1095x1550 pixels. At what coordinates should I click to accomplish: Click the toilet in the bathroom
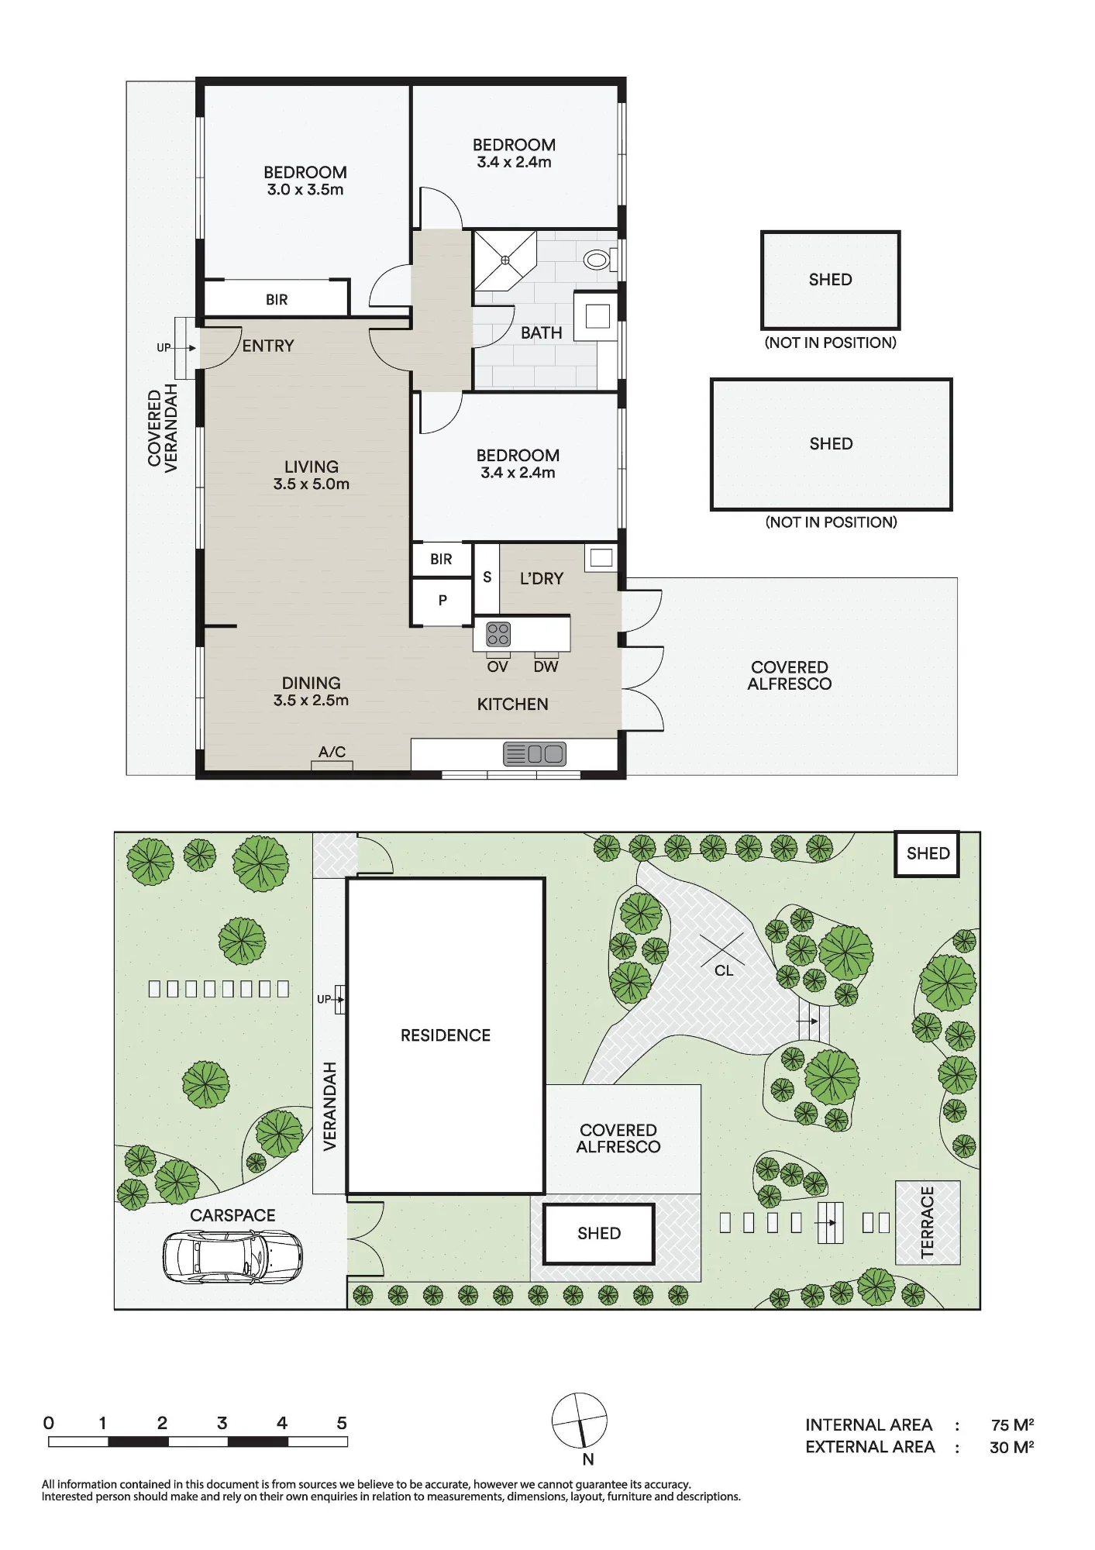point(600,259)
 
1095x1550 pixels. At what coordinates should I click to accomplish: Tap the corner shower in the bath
point(504,260)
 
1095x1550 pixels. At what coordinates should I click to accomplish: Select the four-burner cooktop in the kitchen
point(498,635)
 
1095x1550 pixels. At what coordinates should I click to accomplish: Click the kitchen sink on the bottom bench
point(535,754)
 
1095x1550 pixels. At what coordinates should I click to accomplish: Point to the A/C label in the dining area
point(332,752)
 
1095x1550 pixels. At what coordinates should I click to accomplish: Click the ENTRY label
point(268,346)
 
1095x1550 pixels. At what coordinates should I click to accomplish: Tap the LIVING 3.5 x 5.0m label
point(311,475)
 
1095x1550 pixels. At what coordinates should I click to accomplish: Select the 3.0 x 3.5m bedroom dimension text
point(305,190)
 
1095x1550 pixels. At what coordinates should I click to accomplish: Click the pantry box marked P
point(442,601)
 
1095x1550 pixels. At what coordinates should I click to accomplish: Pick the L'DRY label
point(542,578)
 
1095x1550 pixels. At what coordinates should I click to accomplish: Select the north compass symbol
point(580,1421)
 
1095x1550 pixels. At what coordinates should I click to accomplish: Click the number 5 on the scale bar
point(342,1423)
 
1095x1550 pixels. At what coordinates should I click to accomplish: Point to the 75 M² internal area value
point(1012,1424)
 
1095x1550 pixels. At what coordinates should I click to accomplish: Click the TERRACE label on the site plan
point(928,1222)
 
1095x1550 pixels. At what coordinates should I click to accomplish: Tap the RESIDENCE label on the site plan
point(446,1035)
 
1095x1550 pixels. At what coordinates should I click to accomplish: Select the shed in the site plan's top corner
point(928,853)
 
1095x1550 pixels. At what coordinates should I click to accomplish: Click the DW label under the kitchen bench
point(546,666)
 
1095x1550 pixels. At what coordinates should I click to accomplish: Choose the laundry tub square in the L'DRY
point(601,558)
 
